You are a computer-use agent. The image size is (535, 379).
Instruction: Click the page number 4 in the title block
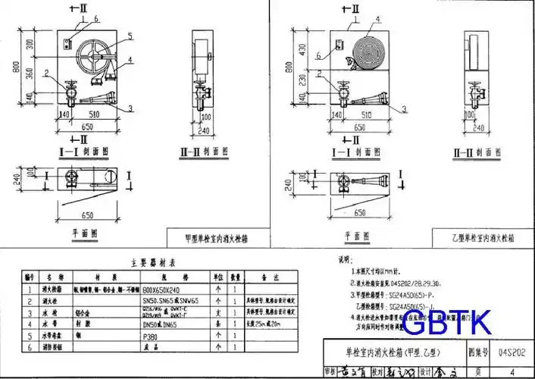[x=511, y=371]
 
